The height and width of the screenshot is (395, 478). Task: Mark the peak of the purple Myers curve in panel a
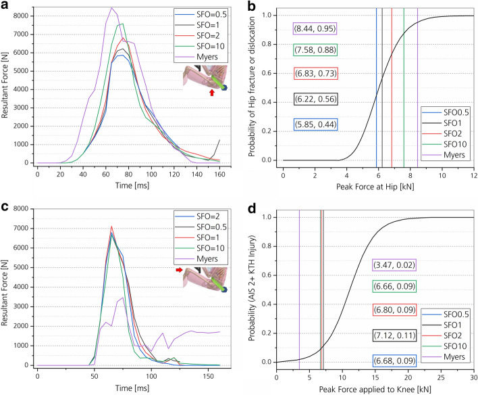coord(111,8)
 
